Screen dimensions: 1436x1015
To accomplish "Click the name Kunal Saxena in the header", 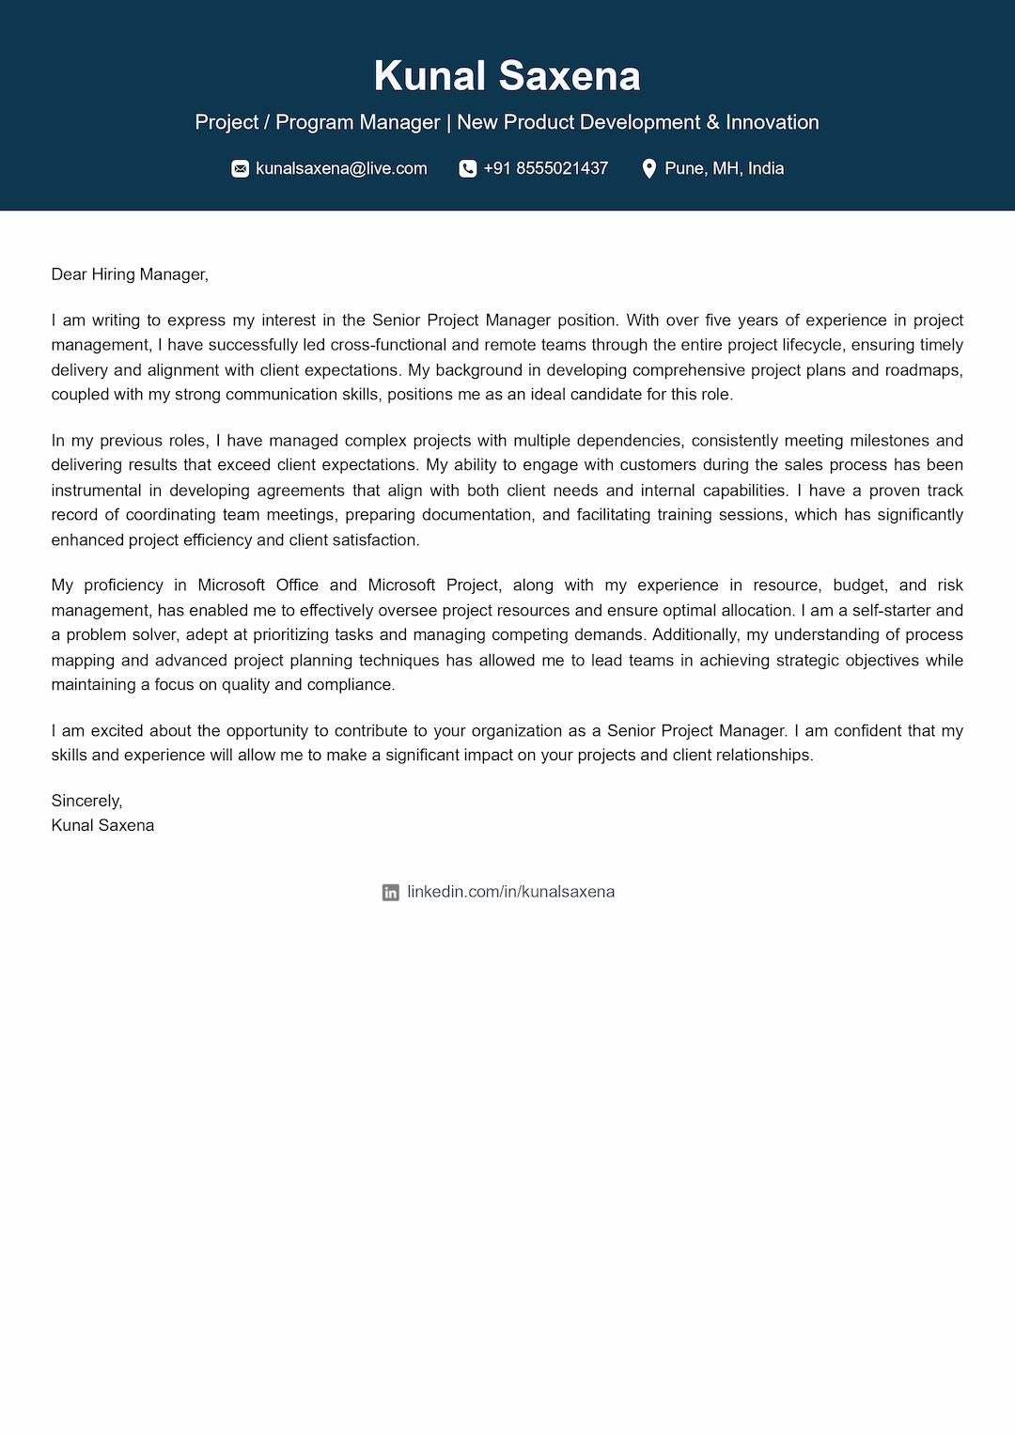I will [507, 76].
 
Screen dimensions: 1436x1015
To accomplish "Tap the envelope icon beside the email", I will [241, 169].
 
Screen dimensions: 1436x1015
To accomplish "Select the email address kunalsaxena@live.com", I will [341, 169].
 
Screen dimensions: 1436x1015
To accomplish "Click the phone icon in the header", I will [467, 169].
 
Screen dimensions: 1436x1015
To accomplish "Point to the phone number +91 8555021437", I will [545, 169].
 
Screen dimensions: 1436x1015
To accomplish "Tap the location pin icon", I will [648, 169].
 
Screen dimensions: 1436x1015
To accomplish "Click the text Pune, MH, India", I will [724, 169].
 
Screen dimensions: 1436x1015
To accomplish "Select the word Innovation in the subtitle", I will [772, 122].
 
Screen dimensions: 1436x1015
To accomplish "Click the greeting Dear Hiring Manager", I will [129, 274].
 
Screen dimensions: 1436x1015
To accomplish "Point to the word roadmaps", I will [924, 370].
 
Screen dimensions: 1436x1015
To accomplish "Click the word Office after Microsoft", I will [297, 585].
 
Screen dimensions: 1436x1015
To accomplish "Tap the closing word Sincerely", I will [86, 801].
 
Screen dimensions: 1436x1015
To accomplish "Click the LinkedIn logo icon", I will [391, 893].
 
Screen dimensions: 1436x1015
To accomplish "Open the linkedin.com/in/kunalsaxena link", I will [510, 892].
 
